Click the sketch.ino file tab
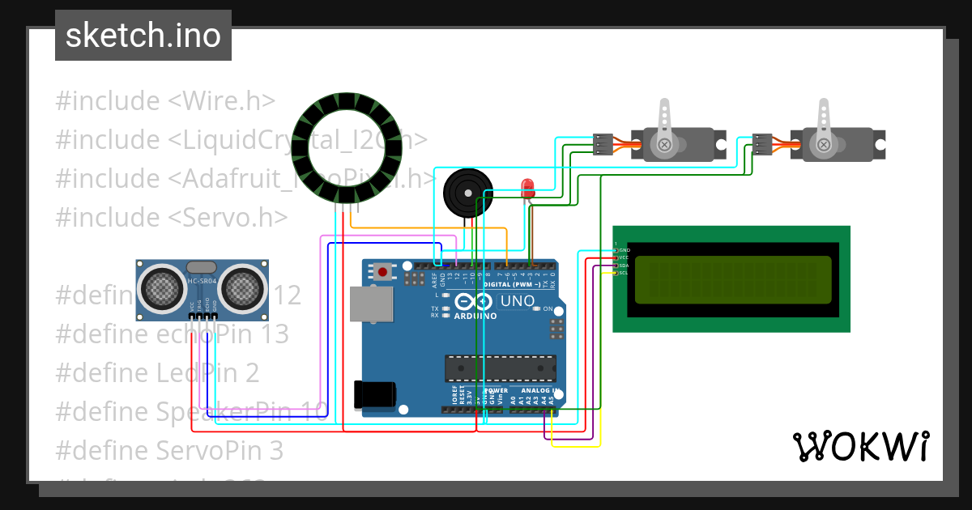(x=143, y=36)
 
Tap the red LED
(x=528, y=188)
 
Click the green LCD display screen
(x=732, y=279)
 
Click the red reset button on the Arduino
(x=382, y=270)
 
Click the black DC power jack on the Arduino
(x=374, y=394)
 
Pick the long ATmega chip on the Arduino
(x=500, y=368)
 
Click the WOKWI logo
(x=860, y=446)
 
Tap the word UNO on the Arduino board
(x=517, y=301)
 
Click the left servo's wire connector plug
(x=603, y=144)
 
